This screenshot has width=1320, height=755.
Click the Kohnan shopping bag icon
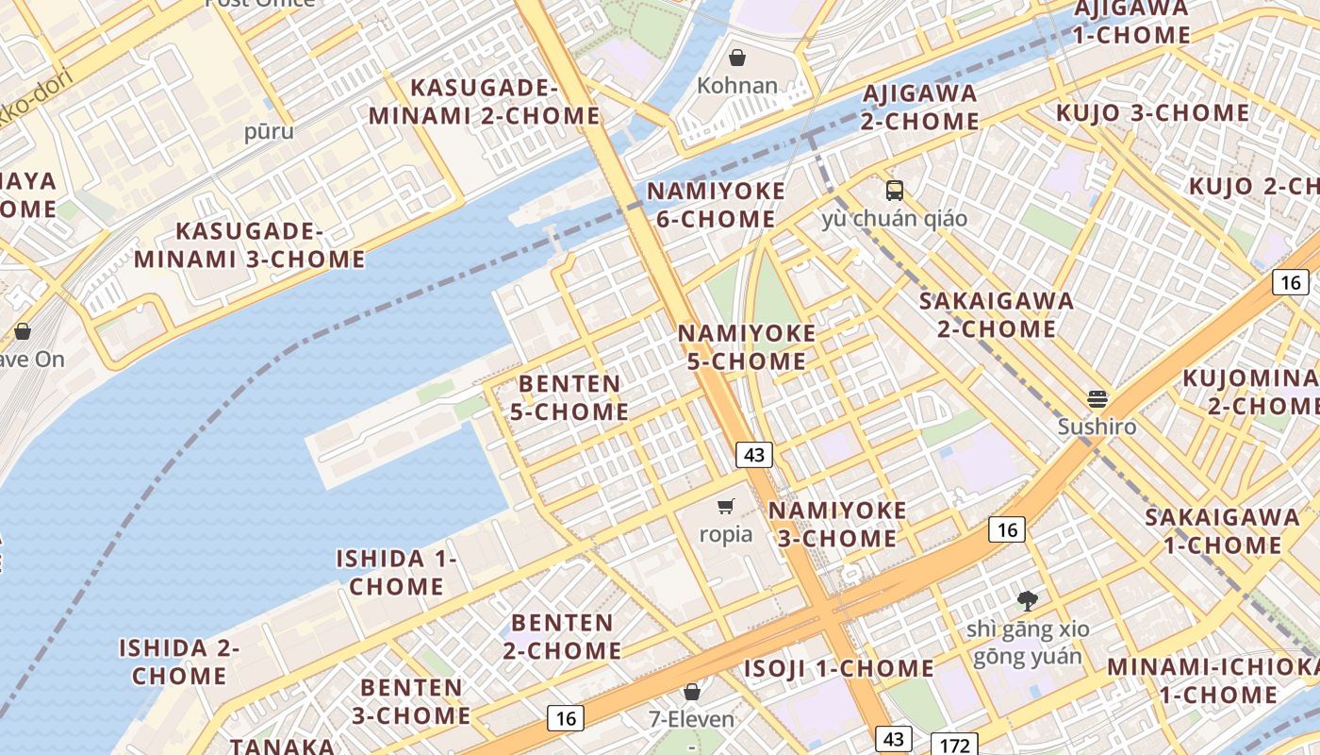click(737, 59)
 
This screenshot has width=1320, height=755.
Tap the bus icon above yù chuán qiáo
click(894, 191)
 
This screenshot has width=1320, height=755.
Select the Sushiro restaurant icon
click(1097, 398)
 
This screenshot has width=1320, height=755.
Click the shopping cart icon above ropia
click(725, 507)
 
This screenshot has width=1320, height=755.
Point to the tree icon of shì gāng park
click(1027, 600)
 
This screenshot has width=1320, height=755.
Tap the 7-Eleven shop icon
click(692, 692)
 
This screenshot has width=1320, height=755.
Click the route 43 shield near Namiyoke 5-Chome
click(754, 455)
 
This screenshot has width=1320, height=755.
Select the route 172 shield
click(954, 745)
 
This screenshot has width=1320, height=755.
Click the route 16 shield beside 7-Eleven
click(566, 718)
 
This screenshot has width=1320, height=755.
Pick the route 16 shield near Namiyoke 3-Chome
click(1007, 529)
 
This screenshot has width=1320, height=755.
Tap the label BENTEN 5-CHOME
click(569, 397)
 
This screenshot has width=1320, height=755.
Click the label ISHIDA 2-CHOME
click(179, 662)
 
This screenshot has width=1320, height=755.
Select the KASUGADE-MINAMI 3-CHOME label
click(250, 245)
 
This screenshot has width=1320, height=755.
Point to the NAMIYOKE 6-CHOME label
click(716, 205)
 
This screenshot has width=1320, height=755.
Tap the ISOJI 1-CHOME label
click(838, 668)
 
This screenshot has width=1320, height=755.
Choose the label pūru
click(269, 131)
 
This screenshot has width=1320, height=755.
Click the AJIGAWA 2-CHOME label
click(919, 107)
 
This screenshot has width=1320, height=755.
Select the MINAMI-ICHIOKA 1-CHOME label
click(1211, 680)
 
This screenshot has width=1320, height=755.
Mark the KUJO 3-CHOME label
click(1152, 113)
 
